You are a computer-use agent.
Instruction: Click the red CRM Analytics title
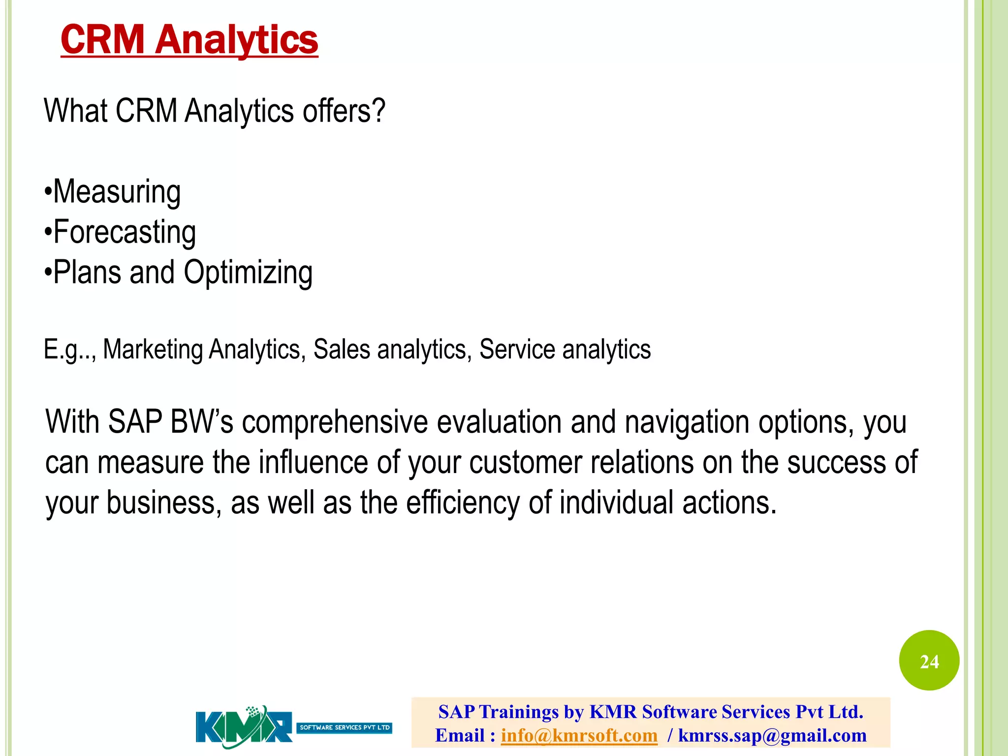(x=189, y=40)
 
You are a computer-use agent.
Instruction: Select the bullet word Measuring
(x=117, y=192)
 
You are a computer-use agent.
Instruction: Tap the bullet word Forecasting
(x=125, y=232)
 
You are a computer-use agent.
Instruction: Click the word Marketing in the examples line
(x=153, y=350)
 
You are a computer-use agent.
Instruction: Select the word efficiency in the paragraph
(x=463, y=503)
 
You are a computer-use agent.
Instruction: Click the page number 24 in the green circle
(x=929, y=661)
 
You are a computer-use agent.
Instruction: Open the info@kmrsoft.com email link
(x=579, y=735)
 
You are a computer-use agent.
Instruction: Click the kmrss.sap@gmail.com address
(x=772, y=735)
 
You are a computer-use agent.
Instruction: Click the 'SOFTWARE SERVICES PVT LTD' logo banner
(x=345, y=727)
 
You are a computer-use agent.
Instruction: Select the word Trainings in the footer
(x=519, y=712)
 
